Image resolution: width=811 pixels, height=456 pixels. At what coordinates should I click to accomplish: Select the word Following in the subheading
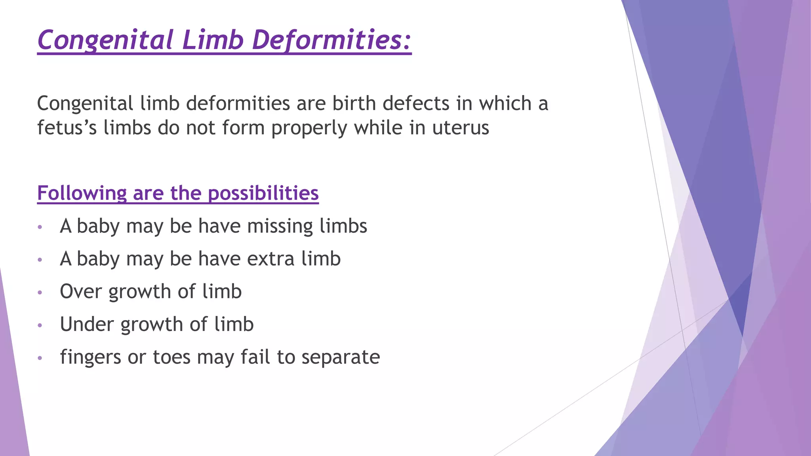[82, 194]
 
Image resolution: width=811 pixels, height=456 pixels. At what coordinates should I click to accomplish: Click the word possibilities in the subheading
[263, 194]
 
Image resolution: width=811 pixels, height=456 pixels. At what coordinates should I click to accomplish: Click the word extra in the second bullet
[271, 259]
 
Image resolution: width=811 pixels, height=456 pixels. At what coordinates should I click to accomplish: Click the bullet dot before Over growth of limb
[40, 293]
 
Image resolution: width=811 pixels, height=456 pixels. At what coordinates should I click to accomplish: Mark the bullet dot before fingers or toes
[40, 358]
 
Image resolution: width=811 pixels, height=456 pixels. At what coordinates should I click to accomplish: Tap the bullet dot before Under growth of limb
[40, 326]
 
